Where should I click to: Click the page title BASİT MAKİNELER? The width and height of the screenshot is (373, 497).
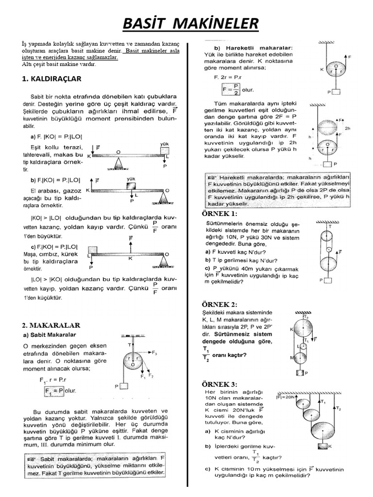pyautogui.click(x=186, y=23)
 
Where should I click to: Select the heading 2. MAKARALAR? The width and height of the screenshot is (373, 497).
pyautogui.click(x=51, y=325)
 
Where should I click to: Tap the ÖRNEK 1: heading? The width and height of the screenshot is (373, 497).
pyautogui.click(x=220, y=214)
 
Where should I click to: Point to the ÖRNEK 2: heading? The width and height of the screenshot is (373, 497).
pyautogui.click(x=220, y=304)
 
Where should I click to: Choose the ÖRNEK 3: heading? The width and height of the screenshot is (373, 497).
pyautogui.click(x=220, y=384)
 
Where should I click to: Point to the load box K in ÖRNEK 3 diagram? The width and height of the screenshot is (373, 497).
pyautogui.click(x=322, y=446)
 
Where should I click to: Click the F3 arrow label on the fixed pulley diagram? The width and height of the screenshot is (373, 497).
pyautogui.click(x=154, y=353)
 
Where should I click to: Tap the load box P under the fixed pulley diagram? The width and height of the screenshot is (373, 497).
pyautogui.click(x=124, y=386)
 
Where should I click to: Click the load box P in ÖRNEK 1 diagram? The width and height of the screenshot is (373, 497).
pyautogui.click(x=328, y=280)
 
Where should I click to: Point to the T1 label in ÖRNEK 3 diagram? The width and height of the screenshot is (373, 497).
pyautogui.click(x=323, y=402)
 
